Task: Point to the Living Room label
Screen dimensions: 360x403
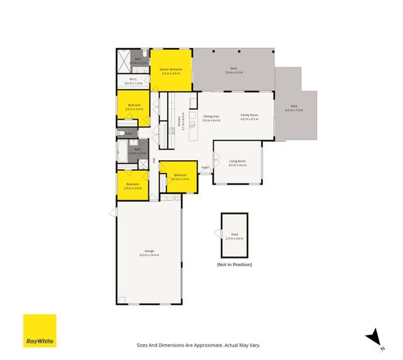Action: (x=237, y=163)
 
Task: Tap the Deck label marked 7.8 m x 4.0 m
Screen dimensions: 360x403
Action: (x=233, y=71)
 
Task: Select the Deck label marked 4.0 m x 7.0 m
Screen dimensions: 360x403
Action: (x=294, y=108)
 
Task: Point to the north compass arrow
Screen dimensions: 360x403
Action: (x=375, y=337)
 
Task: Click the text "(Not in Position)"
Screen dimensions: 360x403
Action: (x=234, y=264)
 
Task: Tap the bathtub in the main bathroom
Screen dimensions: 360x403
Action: (x=122, y=151)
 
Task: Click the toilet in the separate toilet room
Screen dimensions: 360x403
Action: (x=121, y=133)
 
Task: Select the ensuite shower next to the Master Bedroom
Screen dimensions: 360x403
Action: (x=123, y=62)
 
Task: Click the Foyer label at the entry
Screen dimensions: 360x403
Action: (x=205, y=167)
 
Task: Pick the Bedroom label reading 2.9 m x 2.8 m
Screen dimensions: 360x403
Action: (x=132, y=186)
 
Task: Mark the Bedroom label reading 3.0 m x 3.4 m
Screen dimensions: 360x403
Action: (x=134, y=107)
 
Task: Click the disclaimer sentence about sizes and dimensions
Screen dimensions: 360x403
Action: (x=198, y=345)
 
